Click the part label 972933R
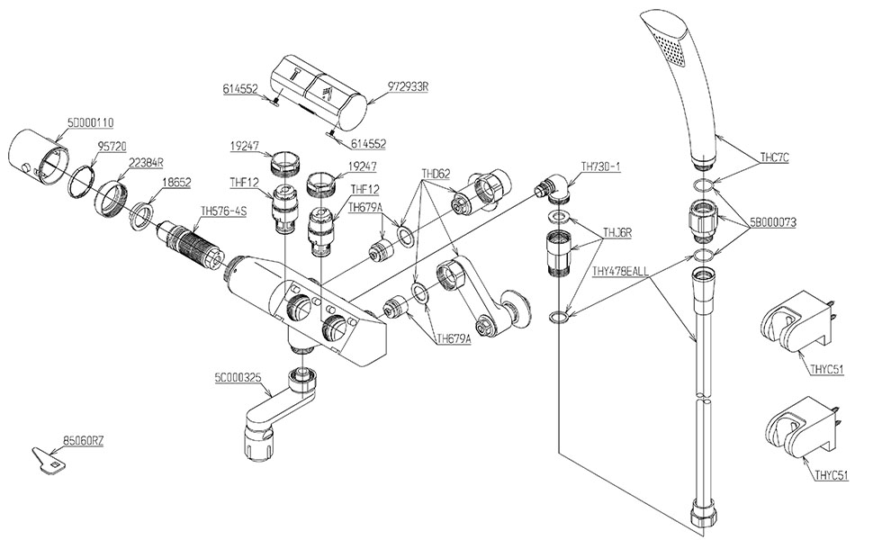[408, 86]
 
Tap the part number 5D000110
[90, 121]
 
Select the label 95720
[112, 147]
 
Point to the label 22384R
[146, 162]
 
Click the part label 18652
[175, 182]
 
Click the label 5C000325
[238, 377]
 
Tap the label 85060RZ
[84, 442]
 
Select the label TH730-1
[600, 166]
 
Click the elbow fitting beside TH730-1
[553, 189]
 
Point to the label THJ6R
[617, 233]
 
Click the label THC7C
[775, 157]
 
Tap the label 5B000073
[773, 222]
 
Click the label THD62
[436, 173]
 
